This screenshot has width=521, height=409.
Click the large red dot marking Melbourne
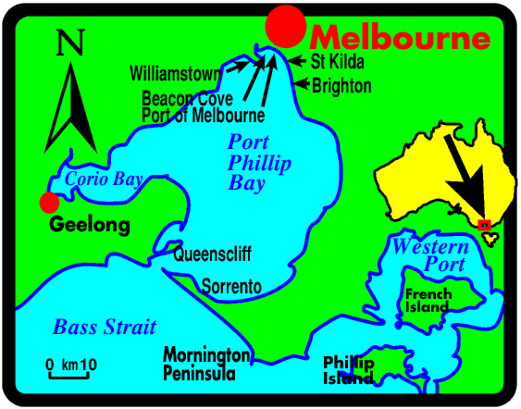(x=284, y=25)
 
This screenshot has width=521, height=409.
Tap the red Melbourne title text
(x=399, y=39)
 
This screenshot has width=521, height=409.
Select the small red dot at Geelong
(x=49, y=203)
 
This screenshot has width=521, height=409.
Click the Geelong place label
(x=89, y=225)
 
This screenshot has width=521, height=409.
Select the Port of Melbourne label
(x=203, y=116)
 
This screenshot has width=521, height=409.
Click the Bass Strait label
(x=105, y=327)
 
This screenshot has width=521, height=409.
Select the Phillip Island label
(x=348, y=370)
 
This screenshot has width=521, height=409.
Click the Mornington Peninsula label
(x=205, y=365)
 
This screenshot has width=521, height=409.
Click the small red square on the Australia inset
(x=484, y=225)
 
